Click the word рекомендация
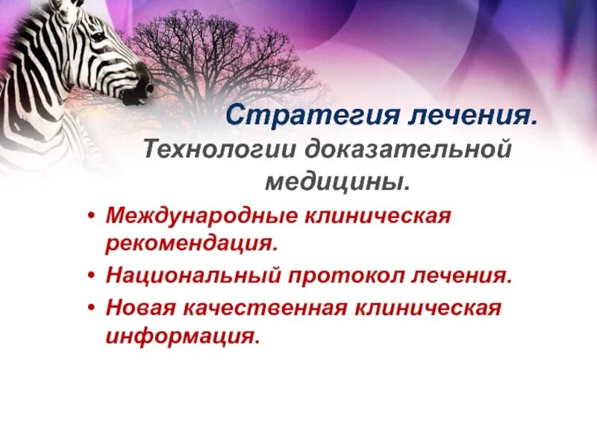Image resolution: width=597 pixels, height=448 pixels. (x=192, y=243)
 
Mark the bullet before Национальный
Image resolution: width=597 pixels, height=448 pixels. (x=91, y=276)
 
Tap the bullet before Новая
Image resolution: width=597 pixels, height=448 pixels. (x=91, y=308)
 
